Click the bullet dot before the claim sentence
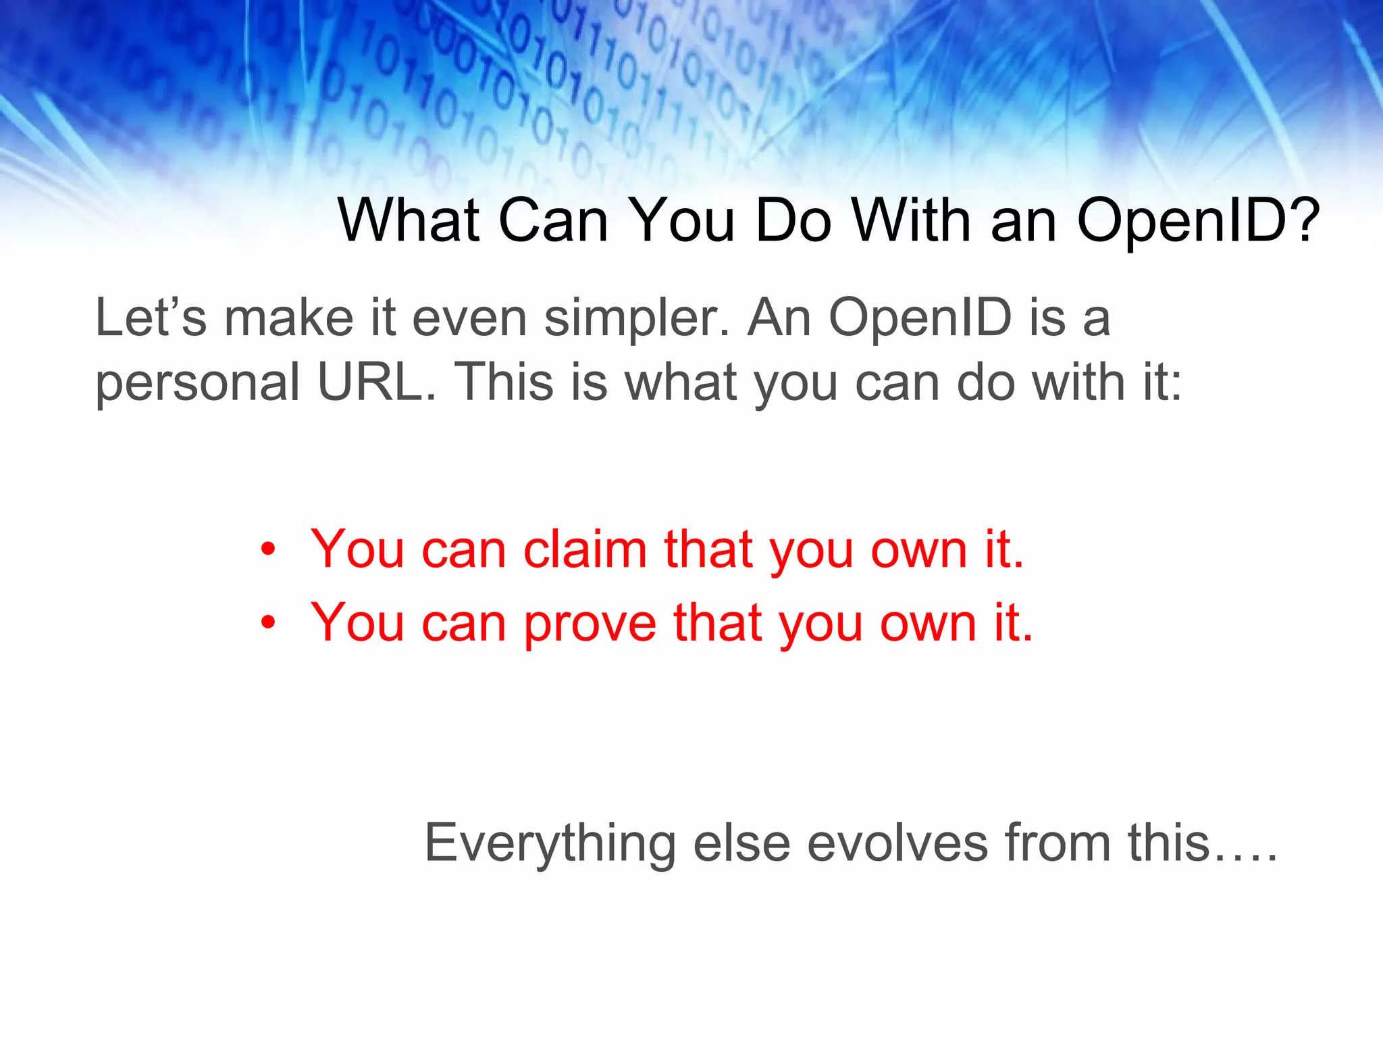[269, 549]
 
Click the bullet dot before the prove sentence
[269, 622]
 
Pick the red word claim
[585, 549]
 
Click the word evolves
[897, 844]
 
